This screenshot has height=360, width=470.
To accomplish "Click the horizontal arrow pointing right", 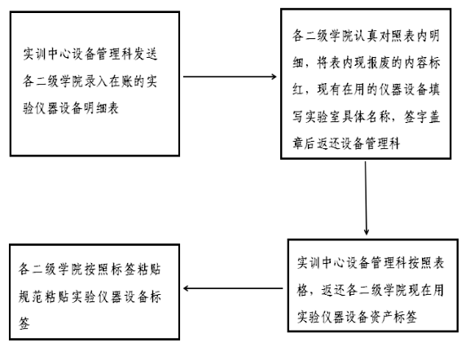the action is coord(230,77).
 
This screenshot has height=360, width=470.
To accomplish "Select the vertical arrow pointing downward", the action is coord(366,198).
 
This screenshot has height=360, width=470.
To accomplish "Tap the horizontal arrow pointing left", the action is coord(233,288).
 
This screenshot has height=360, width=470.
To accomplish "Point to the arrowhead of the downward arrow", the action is coord(367,232).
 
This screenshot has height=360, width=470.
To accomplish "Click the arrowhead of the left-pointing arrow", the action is coord(186,288).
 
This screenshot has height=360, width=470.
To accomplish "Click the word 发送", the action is coord(146,55).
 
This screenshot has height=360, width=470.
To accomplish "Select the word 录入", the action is coord(95,81).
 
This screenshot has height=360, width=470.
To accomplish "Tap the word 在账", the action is coord(121,81).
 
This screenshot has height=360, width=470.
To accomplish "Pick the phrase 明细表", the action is coord(101,108).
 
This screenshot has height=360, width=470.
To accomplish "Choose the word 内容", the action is coord(415,63).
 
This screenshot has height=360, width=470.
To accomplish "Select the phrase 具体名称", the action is coord(366,116).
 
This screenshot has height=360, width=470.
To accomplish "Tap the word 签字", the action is coord(415,116).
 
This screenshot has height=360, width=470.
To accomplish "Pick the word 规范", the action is coord(31,296).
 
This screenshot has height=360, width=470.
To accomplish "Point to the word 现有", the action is coord(329,90).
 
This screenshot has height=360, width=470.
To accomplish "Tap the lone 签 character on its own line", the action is coord(24,323).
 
